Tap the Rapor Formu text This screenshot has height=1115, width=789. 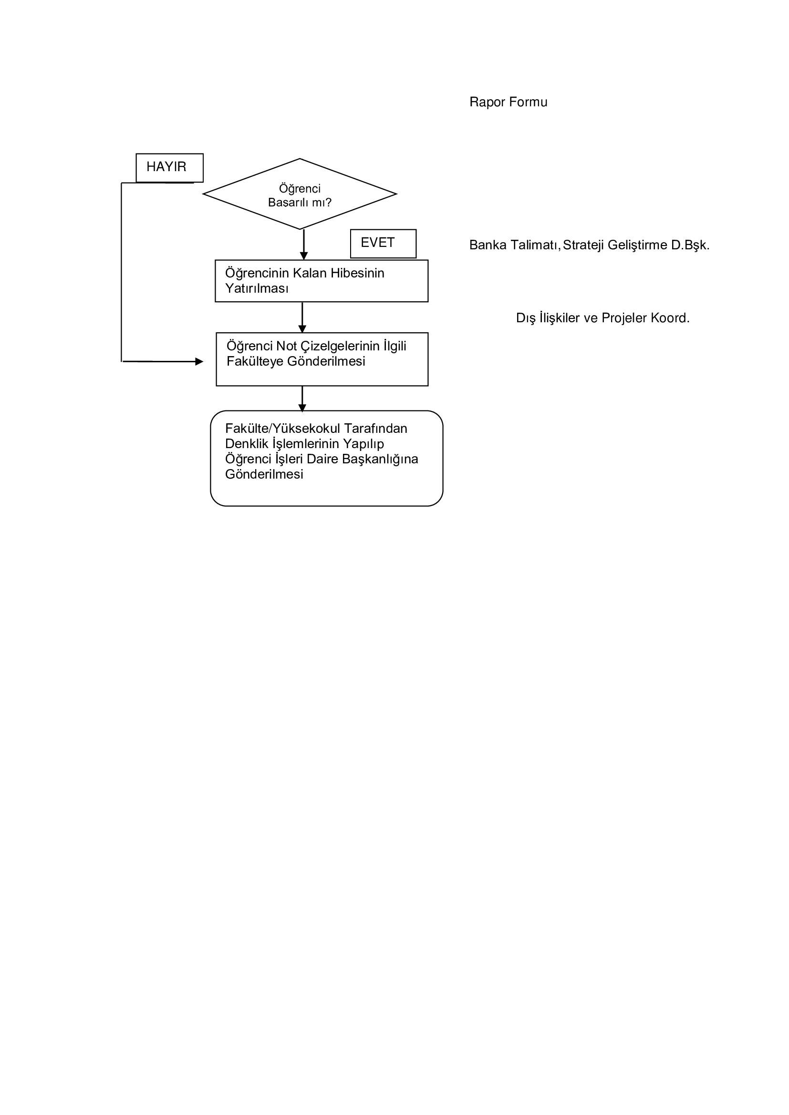(x=508, y=102)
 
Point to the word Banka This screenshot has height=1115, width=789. (x=488, y=245)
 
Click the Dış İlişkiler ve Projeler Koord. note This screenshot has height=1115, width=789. (x=603, y=318)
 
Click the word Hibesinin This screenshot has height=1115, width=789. (x=357, y=273)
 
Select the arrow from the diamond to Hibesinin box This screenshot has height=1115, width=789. (x=304, y=245)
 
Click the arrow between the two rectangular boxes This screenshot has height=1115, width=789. (x=302, y=317)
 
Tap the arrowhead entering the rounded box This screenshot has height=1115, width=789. (x=302, y=408)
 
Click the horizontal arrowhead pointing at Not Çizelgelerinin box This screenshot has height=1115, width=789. (x=199, y=361)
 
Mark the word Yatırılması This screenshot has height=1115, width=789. (x=257, y=288)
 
